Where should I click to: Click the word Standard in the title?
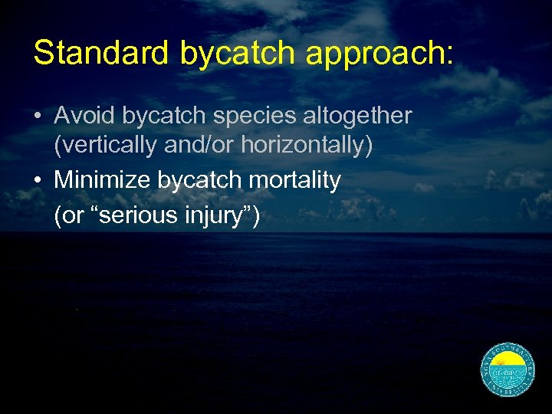(x=102, y=53)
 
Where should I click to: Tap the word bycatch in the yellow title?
(x=237, y=53)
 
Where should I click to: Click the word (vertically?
(x=106, y=145)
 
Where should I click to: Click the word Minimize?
(x=103, y=181)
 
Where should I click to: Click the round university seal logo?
(x=508, y=370)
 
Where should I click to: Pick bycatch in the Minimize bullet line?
(x=193, y=181)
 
